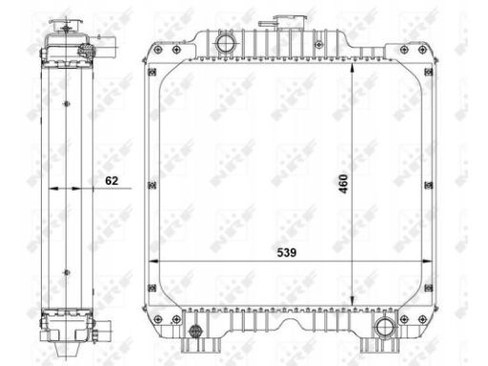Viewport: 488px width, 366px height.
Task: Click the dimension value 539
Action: [x=287, y=253]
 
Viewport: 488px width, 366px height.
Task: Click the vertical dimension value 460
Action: [x=343, y=184]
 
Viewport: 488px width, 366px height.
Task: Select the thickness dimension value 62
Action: [x=112, y=180]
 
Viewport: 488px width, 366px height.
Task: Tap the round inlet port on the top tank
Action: [x=225, y=43]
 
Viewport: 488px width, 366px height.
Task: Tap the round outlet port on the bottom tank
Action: [x=385, y=328]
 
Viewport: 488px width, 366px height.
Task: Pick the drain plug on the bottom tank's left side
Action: [x=195, y=332]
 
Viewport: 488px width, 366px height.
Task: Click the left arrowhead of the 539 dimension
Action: [x=154, y=261]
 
